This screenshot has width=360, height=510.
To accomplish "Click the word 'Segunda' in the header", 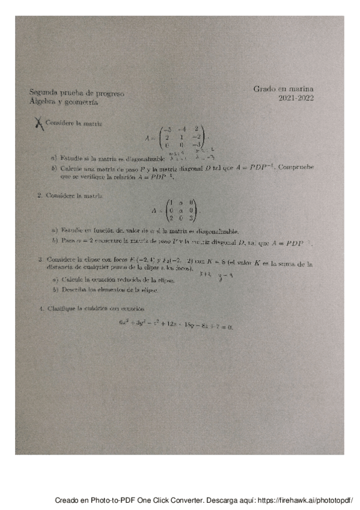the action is (41, 93).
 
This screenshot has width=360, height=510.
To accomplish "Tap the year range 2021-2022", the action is (296, 99).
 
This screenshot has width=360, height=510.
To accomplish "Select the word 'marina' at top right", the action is (301, 88).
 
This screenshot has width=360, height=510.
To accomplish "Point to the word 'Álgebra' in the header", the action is (41, 102).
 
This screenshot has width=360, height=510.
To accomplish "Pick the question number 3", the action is (39, 259).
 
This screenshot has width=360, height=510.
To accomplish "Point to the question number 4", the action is (39, 309).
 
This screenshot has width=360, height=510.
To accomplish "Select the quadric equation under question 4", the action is (175, 326).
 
